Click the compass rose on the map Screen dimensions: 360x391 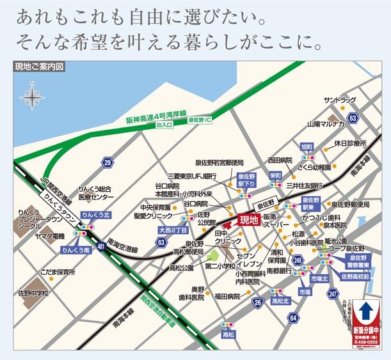point(32,98)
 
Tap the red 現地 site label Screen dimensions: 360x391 point(248,220)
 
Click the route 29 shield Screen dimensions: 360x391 point(106,162)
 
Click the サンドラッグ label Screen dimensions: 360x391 point(339,100)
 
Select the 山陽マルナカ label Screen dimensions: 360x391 point(325,123)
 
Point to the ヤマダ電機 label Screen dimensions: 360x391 point(51,236)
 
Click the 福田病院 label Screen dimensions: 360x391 point(228,296)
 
